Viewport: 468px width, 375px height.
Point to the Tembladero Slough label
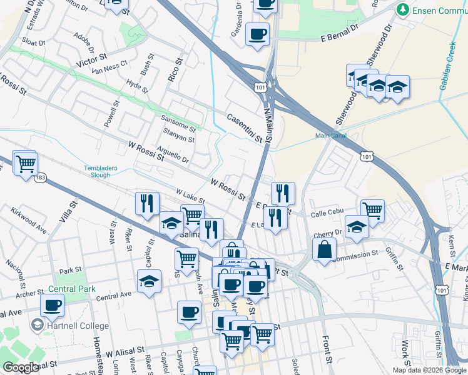tap(97, 171)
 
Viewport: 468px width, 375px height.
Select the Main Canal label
tap(330, 135)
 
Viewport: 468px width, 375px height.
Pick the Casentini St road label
tap(244, 127)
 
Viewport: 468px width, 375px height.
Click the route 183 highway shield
tap(41, 179)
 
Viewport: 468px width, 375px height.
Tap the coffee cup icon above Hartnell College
tap(53, 305)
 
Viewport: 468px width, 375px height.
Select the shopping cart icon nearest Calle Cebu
tap(372, 209)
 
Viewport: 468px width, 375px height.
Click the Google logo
tap(21, 367)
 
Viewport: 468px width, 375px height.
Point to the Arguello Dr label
tap(173, 155)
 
